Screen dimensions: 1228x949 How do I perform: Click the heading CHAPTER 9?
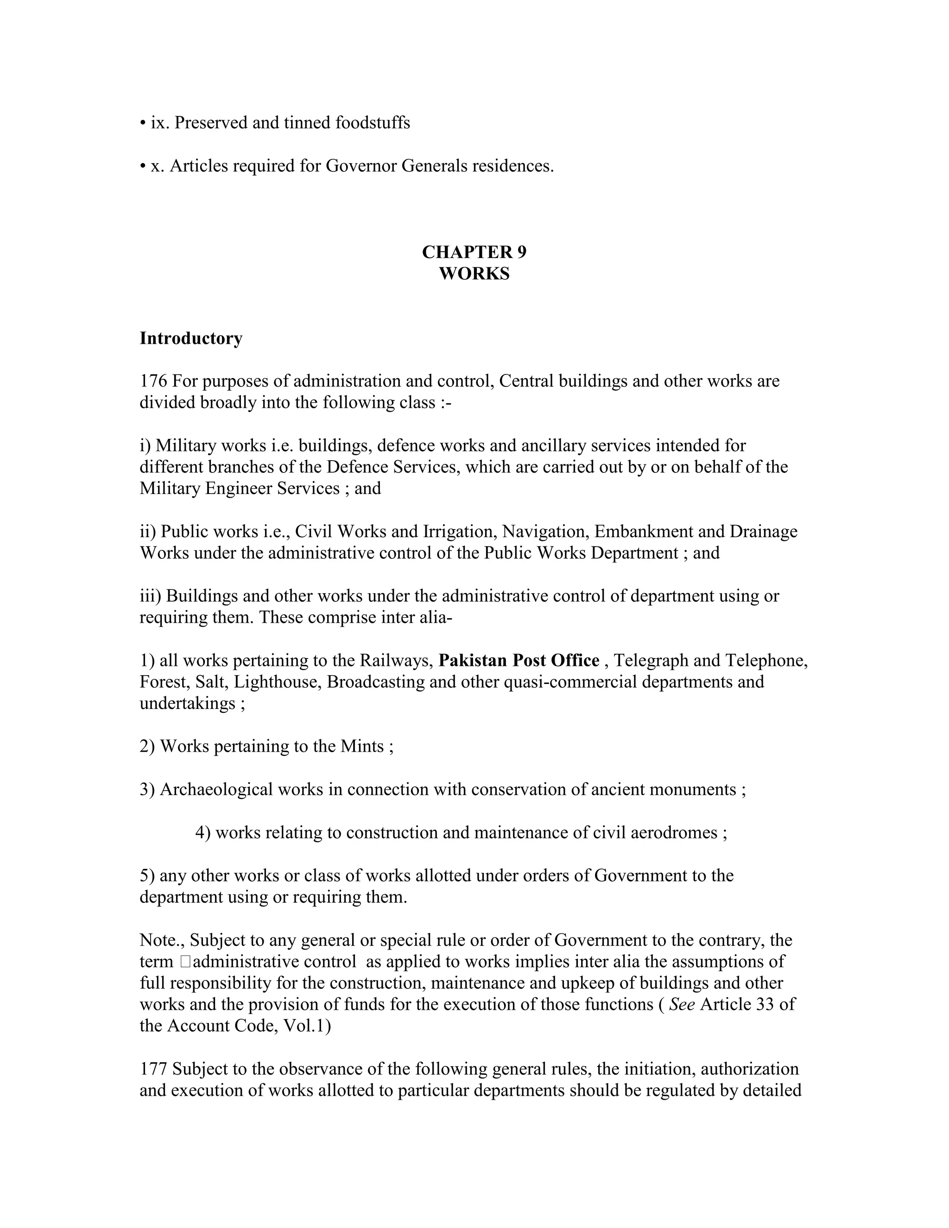474,252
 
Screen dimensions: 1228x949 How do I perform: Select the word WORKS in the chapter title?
474,274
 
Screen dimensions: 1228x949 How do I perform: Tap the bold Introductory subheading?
191,338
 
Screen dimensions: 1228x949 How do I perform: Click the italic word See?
681,1004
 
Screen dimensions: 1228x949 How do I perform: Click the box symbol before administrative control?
186,962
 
